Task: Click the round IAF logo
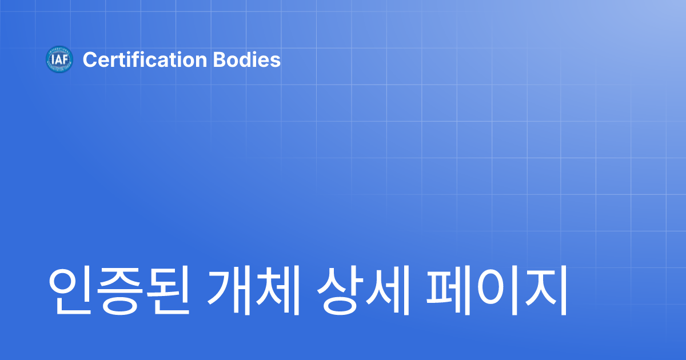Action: click(x=59, y=59)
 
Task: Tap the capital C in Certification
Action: click(x=89, y=59)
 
